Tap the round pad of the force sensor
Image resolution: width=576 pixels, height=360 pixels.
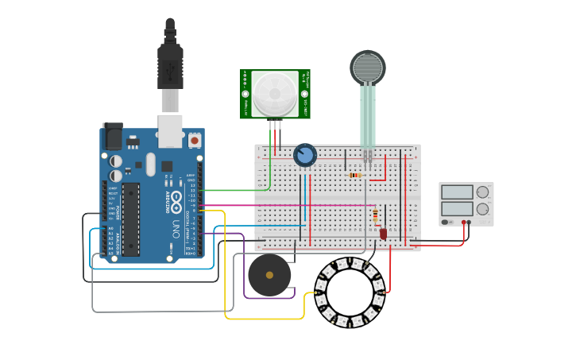pos(367,68)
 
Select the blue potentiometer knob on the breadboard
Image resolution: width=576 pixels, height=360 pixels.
pos(304,155)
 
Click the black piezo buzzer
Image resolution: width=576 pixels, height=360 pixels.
pos(269,275)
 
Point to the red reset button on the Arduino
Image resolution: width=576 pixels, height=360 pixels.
pos(195,141)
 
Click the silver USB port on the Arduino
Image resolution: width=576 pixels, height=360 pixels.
pos(170,131)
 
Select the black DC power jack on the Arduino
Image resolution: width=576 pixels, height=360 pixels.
pos(113,138)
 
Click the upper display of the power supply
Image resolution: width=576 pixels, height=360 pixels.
pos(457,192)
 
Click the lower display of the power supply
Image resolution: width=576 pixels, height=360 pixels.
pos(457,209)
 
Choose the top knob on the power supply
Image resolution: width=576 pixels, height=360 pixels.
pos(483,192)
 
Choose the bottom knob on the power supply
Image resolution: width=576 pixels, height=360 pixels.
pos(483,209)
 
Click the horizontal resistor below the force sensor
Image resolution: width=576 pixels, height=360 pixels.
pos(355,175)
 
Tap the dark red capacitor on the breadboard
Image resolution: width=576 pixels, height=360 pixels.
pos(383,234)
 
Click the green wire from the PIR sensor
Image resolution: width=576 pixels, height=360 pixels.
pos(238,191)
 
